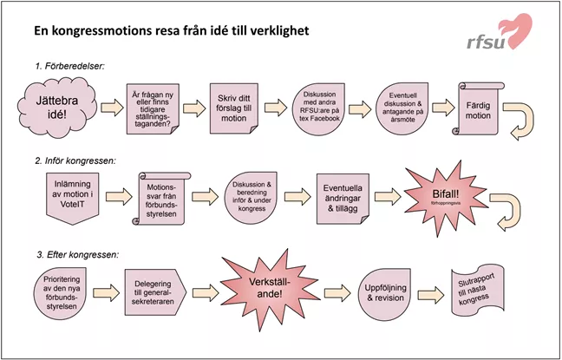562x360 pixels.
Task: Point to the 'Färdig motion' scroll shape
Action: coord(475,109)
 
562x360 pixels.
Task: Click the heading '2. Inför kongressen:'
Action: coord(75,159)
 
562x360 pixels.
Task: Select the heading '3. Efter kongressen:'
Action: coord(76,254)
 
